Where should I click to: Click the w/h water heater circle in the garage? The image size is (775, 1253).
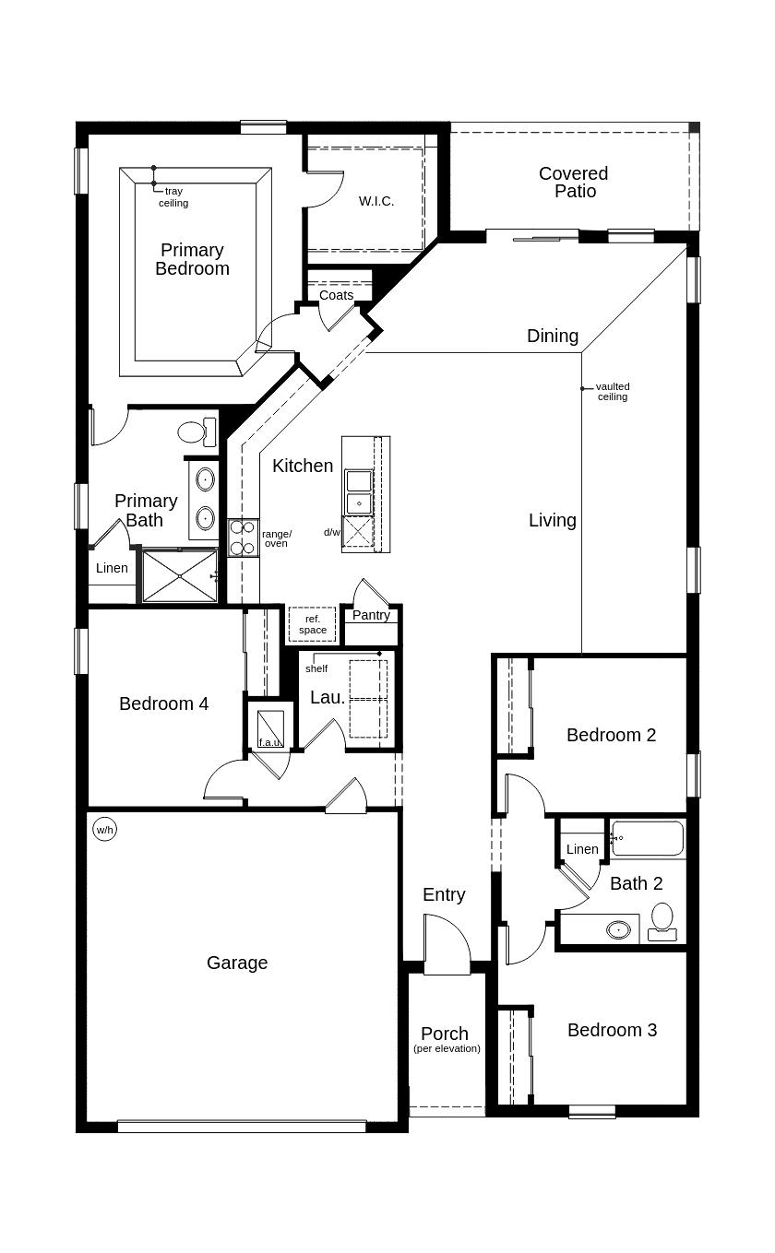tap(104, 829)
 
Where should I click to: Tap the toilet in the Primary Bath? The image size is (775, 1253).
tap(197, 431)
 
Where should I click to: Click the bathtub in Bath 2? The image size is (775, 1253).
tap(648, 837)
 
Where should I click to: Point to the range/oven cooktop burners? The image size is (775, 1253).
tap(244, 538)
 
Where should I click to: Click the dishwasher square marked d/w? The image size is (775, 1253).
tap(358, 531)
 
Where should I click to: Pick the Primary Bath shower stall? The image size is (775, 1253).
tap(180, 576)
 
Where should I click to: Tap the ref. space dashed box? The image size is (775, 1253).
tap(312, 624)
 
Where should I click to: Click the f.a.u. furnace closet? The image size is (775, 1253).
tap(270, 727)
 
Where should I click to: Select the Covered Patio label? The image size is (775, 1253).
tap(574, 183)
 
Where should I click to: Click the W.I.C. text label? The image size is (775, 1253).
tap(376, 201)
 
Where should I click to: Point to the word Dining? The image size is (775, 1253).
tap(553, 337)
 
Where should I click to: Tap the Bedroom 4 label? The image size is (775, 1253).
tap(163, 703)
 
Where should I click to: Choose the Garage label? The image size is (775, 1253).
tap(237, 963)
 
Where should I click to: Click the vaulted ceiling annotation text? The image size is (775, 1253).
tap(613, 392)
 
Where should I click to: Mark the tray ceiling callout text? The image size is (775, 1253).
tap(173, 197)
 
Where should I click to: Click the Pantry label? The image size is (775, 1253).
tap(371, 615)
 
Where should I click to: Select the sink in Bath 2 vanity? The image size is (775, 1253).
tap(618, 930)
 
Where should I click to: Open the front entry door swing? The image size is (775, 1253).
tap(447, 944)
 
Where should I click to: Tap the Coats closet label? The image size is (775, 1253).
tap(337, 295)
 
